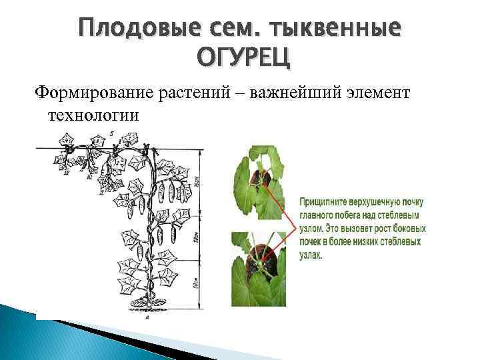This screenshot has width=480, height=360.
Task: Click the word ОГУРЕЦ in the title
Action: tap(243, 58)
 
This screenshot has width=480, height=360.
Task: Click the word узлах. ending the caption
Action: tap(311, 255)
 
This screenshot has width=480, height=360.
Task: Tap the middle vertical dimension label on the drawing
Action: tap(193, 237)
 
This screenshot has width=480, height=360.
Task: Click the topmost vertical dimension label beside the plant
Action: tap(193, 181)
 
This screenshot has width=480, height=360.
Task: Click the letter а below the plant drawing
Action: tap(146, 318)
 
